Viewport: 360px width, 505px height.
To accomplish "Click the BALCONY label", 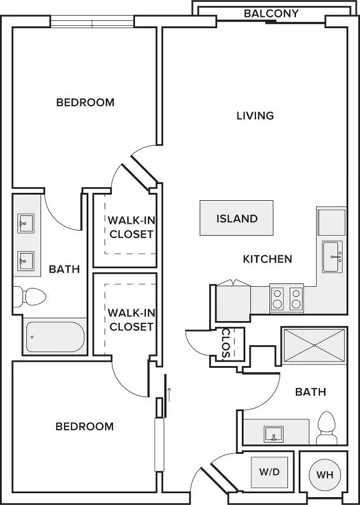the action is point(271,13).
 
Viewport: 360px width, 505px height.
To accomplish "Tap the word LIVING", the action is point(255,116).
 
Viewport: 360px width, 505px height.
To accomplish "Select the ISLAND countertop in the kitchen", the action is point(236,218).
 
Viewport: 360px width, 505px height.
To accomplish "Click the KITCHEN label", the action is point(267,259).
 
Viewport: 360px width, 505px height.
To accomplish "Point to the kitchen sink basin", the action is point(332,256).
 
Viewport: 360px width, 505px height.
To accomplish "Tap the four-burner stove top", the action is point(286,297).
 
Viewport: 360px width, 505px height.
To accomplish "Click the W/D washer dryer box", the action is point(269,472).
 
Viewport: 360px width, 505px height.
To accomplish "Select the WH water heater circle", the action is point(325,475).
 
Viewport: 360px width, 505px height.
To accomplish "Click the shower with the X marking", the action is point(314,345).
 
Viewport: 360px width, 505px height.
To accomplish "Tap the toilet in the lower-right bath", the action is point(326,428).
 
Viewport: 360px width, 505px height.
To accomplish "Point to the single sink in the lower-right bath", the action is point(274,434).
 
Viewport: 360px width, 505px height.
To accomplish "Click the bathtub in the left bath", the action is point(55,336).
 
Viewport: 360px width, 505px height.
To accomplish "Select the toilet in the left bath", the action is point(29,296).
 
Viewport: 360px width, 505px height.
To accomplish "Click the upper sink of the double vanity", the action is point(26,223).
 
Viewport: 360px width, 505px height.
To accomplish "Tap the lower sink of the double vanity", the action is point(26,261).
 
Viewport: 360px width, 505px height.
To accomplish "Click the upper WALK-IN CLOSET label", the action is point(132,227).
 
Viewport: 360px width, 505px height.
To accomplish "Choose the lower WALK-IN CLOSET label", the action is point(132,319).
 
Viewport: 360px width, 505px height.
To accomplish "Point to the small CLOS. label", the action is point(226,344).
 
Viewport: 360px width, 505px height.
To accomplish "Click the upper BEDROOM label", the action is point(85,102).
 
